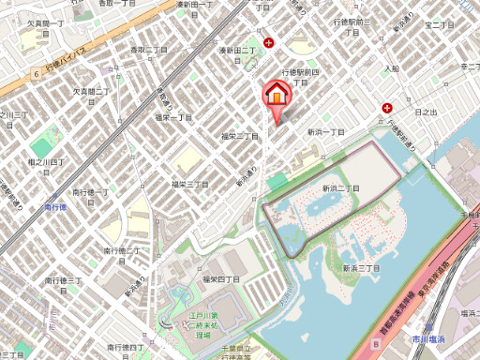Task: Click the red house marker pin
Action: tap(277, 97)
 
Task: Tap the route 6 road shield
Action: tap(35, 72)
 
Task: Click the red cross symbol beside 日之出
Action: tap(387, 109)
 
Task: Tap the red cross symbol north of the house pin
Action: tap(269, 42)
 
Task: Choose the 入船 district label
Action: tap(391, 68)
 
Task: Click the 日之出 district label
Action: tap(424, 112)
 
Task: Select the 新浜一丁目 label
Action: tap(325, 133)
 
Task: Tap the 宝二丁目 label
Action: tap(440, 24)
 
